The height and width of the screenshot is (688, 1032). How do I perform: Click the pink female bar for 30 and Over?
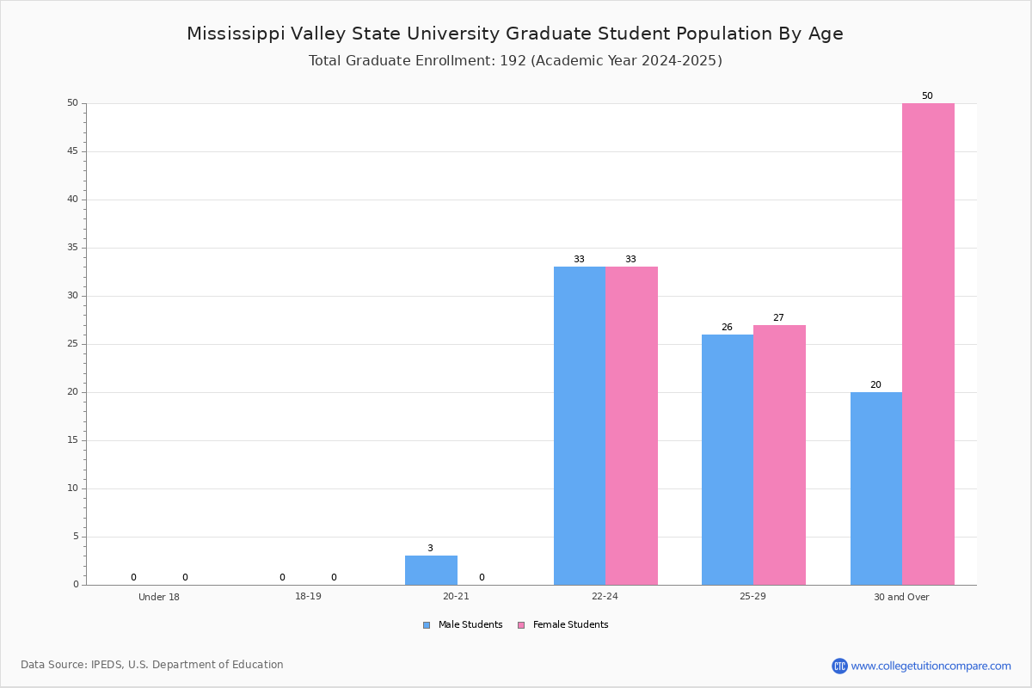click(928, 344)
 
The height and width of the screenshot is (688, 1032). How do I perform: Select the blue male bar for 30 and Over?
click(876, 488)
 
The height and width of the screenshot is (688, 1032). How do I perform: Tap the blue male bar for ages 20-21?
click(431, 570)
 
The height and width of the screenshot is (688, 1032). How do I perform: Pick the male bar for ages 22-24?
click(580, 426)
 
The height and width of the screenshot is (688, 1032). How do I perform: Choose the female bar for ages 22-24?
click(631, 426)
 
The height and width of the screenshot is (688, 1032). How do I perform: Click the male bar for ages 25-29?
click(728, 460)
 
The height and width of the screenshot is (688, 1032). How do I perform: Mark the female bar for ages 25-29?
click(779, 455)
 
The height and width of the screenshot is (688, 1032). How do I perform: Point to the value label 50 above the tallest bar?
click(927, 95)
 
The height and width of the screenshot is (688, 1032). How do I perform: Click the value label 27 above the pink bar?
click(778, 317)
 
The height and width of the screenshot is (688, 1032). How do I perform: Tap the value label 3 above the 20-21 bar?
click(430, 548)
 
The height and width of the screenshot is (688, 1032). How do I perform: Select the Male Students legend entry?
click(463, 624)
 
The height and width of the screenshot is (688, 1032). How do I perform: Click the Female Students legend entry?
click(563, 624)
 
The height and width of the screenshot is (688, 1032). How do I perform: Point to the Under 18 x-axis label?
click(159, 597)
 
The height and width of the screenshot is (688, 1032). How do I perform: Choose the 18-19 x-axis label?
click(308, 596)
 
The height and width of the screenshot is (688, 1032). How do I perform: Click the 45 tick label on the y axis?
click(73, 151)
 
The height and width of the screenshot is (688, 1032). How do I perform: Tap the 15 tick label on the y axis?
click(73, 440)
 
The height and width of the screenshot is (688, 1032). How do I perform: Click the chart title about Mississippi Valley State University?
click(515, 34)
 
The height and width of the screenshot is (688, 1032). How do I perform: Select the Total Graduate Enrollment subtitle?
click(515, 60)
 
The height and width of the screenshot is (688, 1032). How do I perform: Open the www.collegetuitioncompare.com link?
click(931, 666)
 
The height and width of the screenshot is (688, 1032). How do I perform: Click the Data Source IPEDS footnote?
click(152, 665)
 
